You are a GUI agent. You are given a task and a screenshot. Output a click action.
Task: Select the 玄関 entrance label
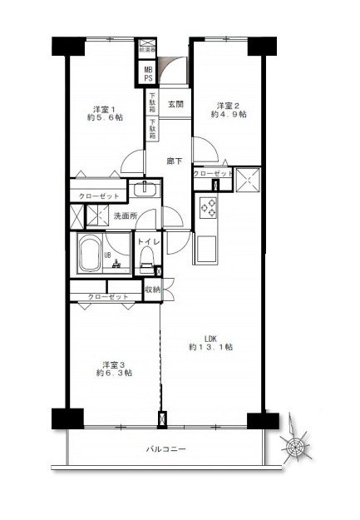(176, 105)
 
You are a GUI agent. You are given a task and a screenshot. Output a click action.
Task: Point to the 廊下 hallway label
(175, 161)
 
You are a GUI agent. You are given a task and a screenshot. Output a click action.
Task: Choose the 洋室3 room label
(114, 364)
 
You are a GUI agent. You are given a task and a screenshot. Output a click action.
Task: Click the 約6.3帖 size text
(114, 374)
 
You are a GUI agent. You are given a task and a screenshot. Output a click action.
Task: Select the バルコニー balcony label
(166, 450)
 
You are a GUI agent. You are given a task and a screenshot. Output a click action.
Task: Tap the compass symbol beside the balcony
(297, 448)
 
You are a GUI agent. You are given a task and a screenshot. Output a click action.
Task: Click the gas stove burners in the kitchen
(206, 207)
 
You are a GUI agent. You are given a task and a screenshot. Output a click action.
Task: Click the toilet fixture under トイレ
(147, 265)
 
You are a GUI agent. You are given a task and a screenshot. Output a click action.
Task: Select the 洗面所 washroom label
(124, 217)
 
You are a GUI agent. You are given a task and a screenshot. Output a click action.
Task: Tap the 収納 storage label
(152, 290)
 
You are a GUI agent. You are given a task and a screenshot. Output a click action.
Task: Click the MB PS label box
(148, 74)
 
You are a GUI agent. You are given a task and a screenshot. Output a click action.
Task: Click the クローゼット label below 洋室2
(213, 174)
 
